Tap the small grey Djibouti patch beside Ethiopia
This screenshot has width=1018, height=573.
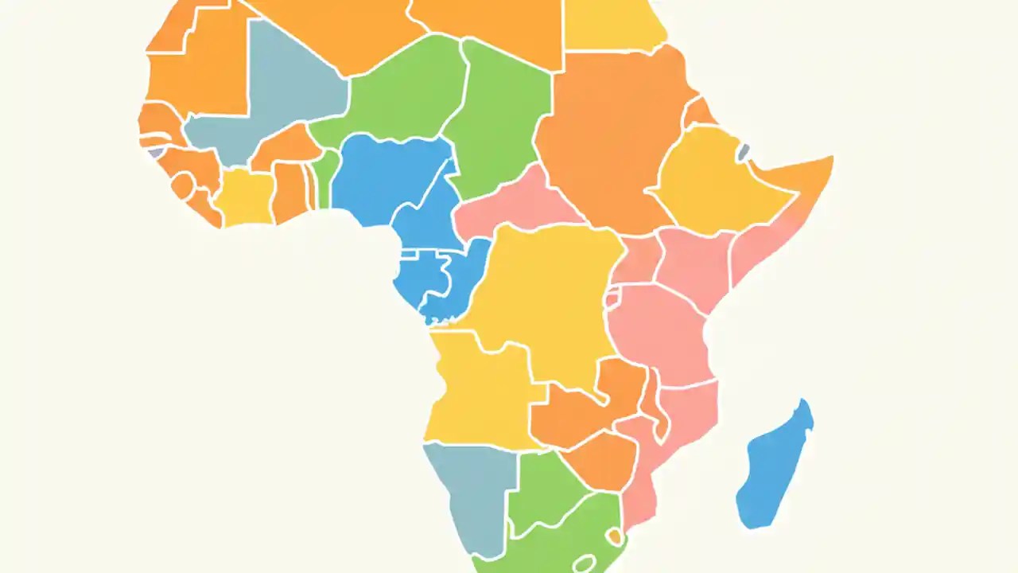coord(743,152)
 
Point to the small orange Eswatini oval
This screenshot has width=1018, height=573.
coord(614,537)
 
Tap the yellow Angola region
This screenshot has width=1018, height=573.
coord(477,390)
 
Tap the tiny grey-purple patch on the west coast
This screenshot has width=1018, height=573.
coord(156,152)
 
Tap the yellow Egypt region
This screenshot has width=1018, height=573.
coord(612,24)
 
